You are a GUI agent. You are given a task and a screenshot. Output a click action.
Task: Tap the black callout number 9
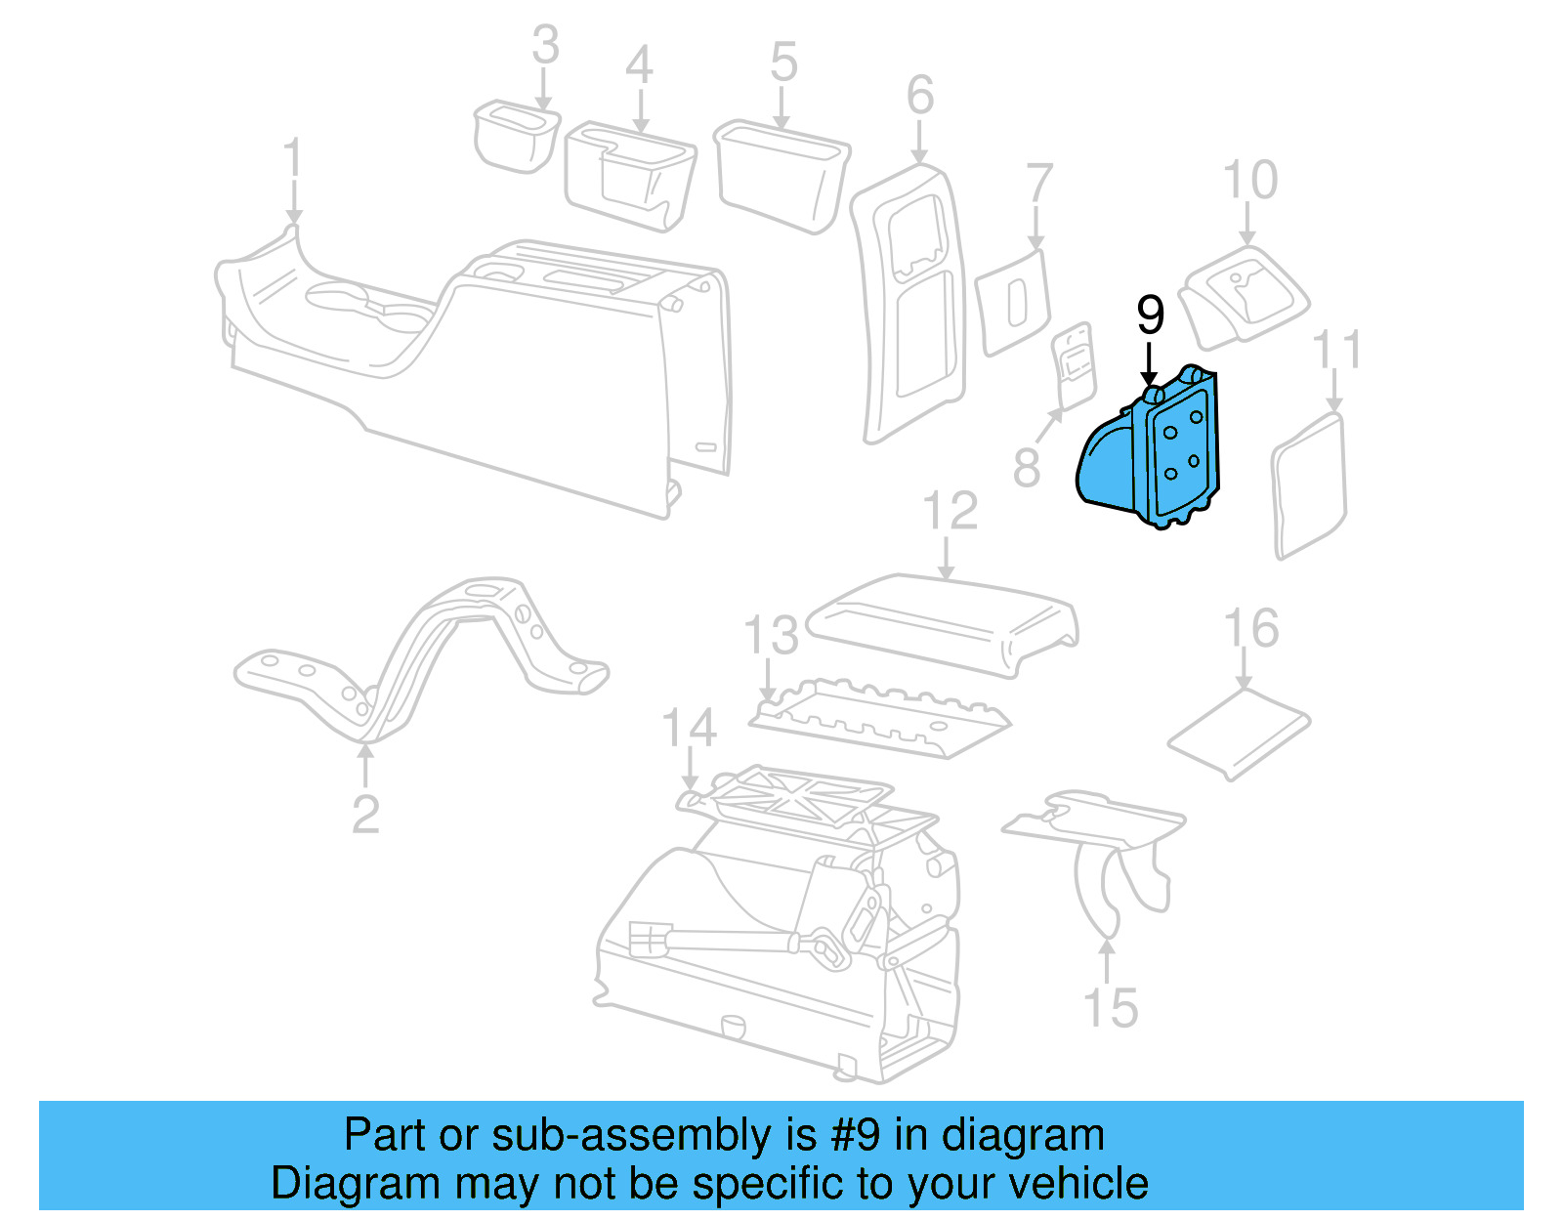[1150, 316]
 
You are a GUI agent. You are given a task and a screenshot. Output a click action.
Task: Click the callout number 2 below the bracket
[365, 815]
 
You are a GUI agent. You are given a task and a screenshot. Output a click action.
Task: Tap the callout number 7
[1038, 185]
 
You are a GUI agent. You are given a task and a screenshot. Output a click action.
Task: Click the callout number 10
[1250, 181]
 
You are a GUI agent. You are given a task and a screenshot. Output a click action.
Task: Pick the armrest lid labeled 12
[943, 621]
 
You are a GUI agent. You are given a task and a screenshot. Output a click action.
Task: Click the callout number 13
[771, 636]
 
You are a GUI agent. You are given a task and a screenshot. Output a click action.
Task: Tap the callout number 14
[690, 729]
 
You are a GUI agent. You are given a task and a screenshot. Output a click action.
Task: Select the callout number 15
[1111, 1008]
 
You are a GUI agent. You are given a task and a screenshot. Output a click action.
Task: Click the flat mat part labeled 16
[1239, 733]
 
